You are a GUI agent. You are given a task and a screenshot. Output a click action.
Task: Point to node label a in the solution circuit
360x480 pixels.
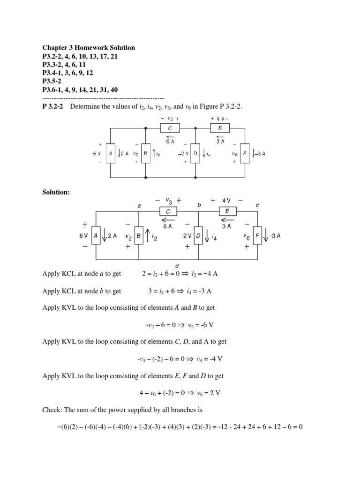pos(139,206)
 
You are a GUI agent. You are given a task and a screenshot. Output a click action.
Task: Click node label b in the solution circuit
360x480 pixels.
pos(199,205)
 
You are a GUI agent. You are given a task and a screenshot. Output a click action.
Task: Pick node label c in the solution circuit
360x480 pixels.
pos(257,205)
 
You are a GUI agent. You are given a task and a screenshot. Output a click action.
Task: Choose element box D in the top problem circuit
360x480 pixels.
pos(195,153)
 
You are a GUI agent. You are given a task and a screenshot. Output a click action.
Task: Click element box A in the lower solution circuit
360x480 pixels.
pos(96,236)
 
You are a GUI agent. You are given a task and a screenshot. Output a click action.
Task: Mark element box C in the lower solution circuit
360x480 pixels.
pos(168,211)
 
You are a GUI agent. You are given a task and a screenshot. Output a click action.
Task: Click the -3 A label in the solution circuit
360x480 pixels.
pos(275,236)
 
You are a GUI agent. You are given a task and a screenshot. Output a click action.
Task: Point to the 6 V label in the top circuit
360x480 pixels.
pos(97,153)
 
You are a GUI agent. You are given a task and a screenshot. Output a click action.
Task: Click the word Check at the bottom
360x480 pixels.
pos(52,410)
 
